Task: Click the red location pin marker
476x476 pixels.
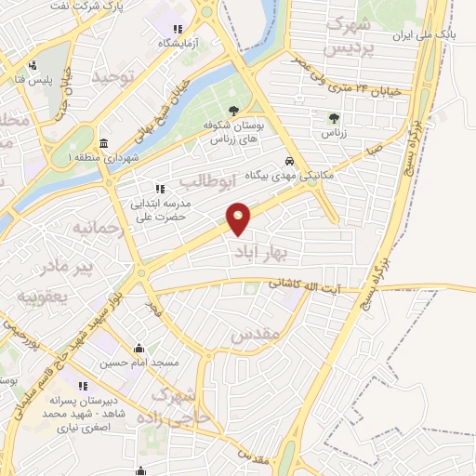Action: tap(239, 218)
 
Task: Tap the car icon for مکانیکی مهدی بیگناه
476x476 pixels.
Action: tap(290, 159)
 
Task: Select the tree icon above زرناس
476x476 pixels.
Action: tap(334, 118)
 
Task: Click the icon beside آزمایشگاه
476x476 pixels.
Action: tap(178, 28)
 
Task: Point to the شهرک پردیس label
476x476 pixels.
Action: tap(350, 33)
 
